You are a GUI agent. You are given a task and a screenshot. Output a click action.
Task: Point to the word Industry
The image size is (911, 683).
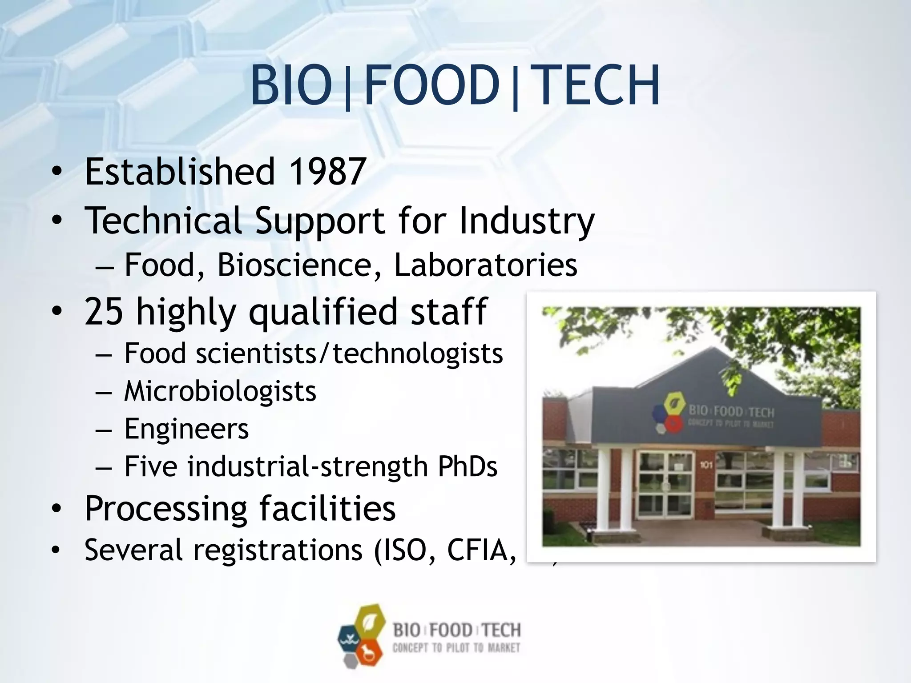tap(527, 221)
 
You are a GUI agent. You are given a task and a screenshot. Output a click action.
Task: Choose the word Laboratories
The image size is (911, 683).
tap(486, 265)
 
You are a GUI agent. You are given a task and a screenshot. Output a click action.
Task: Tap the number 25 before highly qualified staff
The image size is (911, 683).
tap(104, 311)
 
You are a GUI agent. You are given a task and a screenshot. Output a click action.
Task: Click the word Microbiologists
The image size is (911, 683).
tap(220, 392)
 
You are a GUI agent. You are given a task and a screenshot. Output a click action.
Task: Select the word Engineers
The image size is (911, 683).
tap(186, 429)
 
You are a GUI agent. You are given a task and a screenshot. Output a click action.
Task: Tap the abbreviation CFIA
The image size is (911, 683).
tap(482, 550)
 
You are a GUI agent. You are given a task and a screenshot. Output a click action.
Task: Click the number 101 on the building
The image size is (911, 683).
tap(706, 465)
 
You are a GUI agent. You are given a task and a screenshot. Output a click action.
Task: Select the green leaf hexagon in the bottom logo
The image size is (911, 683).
tap(368, 622)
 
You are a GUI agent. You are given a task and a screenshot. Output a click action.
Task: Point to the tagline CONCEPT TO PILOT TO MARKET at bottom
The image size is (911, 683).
tap(456, 648)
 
